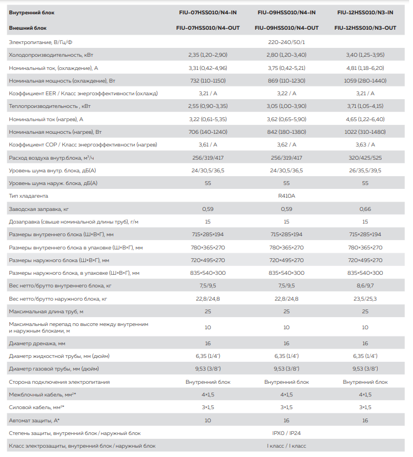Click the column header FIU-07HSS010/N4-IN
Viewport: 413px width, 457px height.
(208, 12)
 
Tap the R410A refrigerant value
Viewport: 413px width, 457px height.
(286, 195)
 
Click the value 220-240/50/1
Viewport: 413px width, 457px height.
(286, 42)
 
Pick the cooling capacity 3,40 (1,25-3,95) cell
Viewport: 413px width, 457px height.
(365, 55)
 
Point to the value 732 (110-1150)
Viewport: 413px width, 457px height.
(208, 80)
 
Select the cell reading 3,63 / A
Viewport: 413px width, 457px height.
(365, 145)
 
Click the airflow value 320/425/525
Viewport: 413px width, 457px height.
(365, 157)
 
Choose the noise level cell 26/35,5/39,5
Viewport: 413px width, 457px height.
(365, 170)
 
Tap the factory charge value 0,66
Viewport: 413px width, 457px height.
(365, 209)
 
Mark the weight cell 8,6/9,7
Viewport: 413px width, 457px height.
(365, 286)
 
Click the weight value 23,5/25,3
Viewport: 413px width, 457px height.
(365, 298)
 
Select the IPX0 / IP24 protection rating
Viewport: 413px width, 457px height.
(286, 433)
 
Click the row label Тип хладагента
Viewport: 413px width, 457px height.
(29, 195)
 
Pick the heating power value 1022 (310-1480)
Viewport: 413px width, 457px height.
(365, 132)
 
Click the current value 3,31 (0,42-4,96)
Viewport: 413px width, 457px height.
(208, 68)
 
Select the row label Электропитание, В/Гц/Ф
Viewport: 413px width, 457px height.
(40, 42)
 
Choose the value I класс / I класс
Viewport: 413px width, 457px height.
(286, 445)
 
